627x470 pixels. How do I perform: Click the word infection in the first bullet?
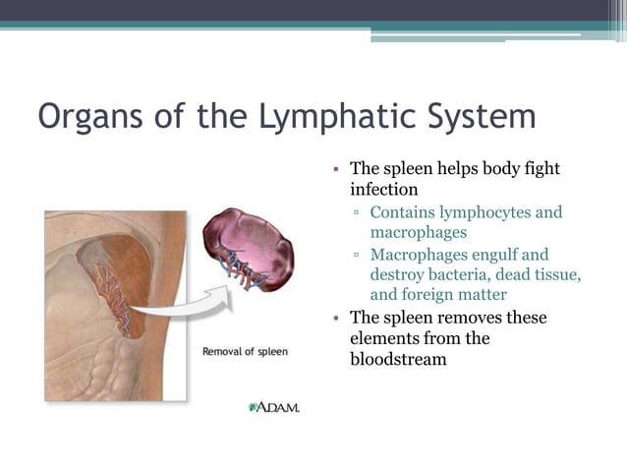click(x=384, y=189)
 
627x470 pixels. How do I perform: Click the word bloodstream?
click(x=398, y=359)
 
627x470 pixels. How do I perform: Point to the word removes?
click(x=461, y=318)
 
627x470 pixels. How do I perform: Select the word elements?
click(x=383, y=338)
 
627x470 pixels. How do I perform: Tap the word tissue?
click(x=554, y=275)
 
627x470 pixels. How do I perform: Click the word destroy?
click(x=399, y=275)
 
